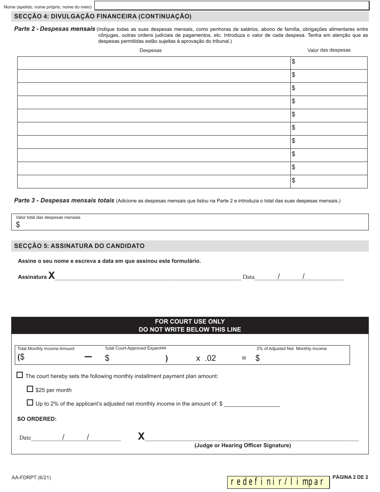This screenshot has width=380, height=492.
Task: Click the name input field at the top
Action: (231, 6)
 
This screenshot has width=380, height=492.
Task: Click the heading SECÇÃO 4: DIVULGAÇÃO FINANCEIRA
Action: (103, 16)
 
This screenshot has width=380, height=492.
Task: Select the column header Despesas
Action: (150, 50)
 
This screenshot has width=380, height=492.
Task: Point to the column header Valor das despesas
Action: (329, 50)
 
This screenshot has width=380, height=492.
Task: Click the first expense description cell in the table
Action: (154, 63)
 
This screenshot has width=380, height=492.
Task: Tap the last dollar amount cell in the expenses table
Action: (328, 181)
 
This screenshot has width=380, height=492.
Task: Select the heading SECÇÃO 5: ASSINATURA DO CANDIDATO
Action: (79, 246)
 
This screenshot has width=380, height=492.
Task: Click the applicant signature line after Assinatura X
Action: (148, 277)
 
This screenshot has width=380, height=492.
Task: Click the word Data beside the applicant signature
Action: (248, 277)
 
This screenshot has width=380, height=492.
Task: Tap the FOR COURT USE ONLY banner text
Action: (190, 321)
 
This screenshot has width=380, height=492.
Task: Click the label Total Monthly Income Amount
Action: (46, 348)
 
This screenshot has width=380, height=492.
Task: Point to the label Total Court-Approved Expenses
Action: (136, 348)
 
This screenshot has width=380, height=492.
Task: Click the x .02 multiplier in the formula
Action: (206, 358)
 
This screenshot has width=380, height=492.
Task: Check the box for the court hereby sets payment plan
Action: (20, 375)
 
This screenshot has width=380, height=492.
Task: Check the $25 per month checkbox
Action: (30, 389)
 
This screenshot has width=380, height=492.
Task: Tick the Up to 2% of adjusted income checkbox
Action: (30, 403)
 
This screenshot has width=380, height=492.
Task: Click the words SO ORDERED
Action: (37, 419)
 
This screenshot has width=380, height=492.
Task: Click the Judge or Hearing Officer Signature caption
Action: (242, 445)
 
